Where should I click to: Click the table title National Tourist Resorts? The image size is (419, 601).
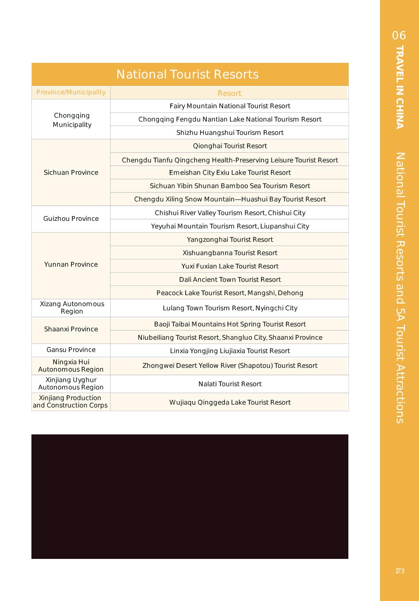pos(187,74)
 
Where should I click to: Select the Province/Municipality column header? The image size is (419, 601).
pos(71,92)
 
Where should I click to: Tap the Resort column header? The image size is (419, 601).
pos(229,93)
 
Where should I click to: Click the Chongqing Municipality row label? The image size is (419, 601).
pos(72,120)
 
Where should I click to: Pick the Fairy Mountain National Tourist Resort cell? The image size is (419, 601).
pos(230,106)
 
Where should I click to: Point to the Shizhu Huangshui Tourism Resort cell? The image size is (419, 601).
pos(230,133)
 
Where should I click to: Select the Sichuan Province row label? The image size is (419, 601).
pos(71,173)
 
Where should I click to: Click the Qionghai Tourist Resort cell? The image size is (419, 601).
pos(230,146)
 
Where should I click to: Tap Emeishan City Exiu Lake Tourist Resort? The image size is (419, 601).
pos(230,173)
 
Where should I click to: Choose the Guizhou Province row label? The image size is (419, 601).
pos(71,219)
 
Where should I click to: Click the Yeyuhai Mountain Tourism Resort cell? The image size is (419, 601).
pos(230,226)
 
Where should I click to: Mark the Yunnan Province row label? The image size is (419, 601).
pos(71,264)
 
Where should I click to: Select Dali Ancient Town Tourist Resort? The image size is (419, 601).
pos(230,280)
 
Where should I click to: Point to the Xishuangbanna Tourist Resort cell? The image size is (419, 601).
pos(230,253)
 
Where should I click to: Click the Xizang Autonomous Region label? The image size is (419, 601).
pos(72,308)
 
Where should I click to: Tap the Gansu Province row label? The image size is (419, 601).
pos(71,350)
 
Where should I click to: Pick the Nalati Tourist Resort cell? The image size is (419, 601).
pos(230,384)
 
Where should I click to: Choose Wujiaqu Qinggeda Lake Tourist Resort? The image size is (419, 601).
pos(230,403)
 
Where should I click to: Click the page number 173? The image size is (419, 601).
pos(400,571)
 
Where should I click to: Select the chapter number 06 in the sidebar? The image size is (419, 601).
pos(399,35)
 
